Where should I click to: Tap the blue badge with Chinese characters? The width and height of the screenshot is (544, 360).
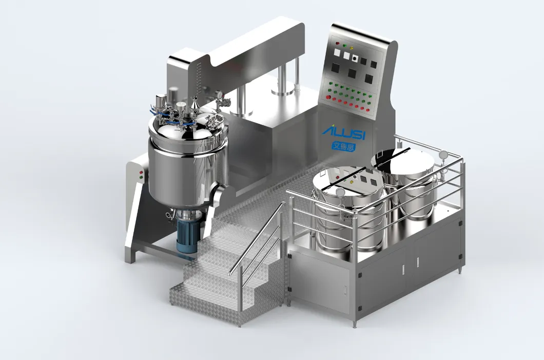point(343,146)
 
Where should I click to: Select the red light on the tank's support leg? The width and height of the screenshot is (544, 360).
point(141,172)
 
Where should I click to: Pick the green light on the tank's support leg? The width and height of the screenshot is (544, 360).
point(141,177)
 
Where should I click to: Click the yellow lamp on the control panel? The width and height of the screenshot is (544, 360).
point(352,48)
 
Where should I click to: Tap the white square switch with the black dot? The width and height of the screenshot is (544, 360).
point(355,59)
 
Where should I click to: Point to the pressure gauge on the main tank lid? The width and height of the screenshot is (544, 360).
point(219,94)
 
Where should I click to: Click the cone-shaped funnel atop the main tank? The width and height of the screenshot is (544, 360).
point(195,103)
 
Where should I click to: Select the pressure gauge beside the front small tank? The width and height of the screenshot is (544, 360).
point(340,192)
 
